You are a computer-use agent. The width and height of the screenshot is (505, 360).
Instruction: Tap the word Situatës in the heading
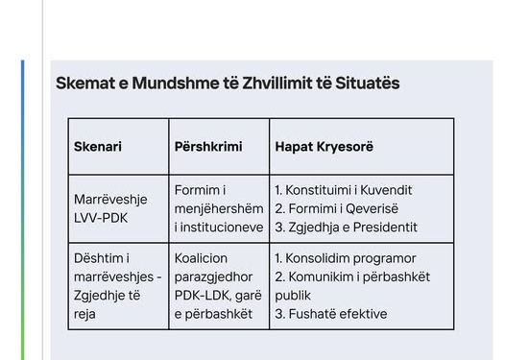(x=368, y=84)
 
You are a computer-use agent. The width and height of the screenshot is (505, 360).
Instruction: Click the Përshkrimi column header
(x=208, y=147)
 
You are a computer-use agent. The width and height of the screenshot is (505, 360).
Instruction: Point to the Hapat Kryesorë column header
(x=324, y=147)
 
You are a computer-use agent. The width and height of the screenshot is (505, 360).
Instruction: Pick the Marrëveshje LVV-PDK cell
(x=106, y=208)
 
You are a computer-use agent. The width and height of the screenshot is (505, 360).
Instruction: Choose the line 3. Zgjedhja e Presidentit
(x=346, y=227)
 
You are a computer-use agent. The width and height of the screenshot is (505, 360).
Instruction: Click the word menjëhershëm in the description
(x=219, y=208)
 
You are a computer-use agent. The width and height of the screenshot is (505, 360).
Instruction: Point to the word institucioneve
(x=218, y=227)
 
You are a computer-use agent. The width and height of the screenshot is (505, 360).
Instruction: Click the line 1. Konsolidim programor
(x=345, y=258)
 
